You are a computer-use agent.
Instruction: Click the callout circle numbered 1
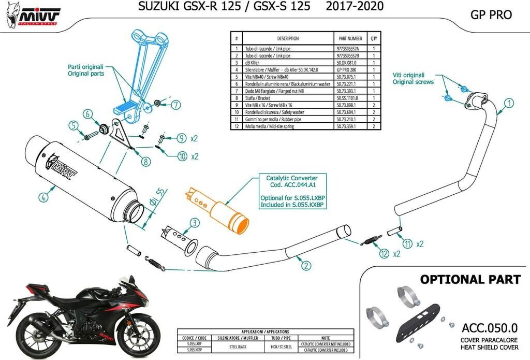point(510,103)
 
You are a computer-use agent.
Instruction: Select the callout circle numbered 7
point(176,104)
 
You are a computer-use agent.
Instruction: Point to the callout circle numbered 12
point(384,254)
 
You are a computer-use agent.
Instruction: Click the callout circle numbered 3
point(194,223)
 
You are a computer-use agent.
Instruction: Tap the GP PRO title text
point(491,15)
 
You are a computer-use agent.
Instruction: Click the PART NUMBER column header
point(350,38)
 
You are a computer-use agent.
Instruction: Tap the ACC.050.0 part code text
point(489,327)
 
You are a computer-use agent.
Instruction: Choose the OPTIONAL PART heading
point(470,280)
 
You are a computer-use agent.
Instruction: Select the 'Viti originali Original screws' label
point(413,78)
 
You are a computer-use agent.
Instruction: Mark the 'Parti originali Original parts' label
point(86,70)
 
